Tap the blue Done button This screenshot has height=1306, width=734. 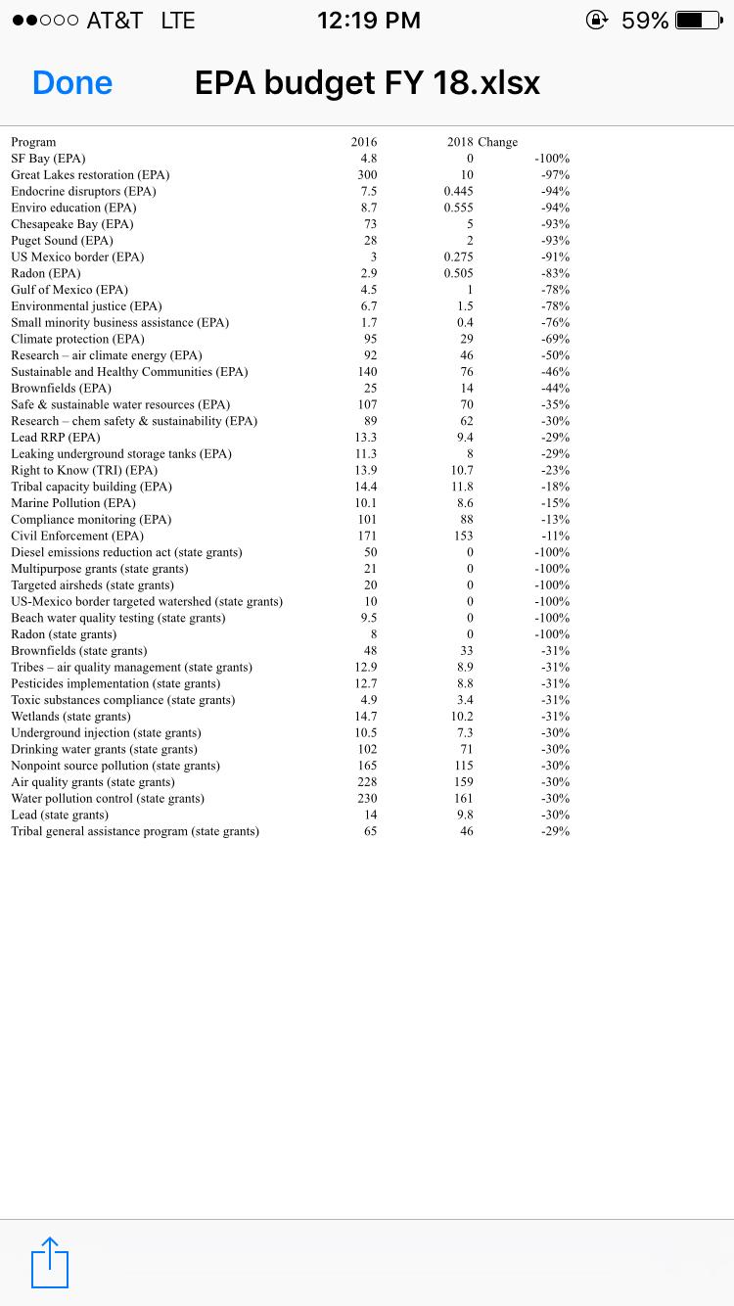point(72,83)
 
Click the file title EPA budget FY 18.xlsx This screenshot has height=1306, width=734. point(367,83)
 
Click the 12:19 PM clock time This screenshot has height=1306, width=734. point(369,20)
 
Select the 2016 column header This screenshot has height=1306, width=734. point(364,142)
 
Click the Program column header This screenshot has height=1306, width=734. point(33,142)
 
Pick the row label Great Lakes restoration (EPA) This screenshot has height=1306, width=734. point(90,175)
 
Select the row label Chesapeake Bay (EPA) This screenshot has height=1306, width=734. point(72,224)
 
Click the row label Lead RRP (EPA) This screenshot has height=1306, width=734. point(56,438)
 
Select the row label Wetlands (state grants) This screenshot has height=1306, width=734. point(70,717)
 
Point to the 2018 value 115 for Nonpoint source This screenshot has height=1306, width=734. point(464,766)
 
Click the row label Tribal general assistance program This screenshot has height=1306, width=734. point(135,831)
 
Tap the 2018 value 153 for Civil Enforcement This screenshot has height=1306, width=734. point(464,536)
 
